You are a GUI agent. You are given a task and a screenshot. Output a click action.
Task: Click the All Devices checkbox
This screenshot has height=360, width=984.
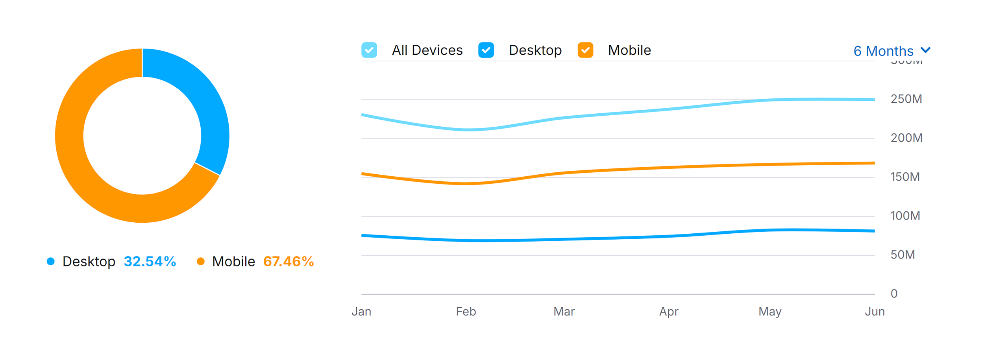pyautogui.click(x=369, y=50)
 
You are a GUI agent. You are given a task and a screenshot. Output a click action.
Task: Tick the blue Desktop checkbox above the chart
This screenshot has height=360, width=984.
pyautogui.click(x=486, y=50)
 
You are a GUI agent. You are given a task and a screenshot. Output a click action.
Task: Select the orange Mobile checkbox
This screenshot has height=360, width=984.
pyautogui.click(x=585, y=50)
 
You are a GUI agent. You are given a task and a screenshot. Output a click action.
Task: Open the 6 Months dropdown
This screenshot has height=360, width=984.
pyautogui.click(x=892, y=51)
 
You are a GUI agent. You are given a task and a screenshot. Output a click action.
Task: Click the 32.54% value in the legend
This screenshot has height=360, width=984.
pyautogui.click(x=150, y=262)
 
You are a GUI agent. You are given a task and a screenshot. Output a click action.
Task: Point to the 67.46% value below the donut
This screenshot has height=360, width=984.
pyautogui.click(x=288, y=262)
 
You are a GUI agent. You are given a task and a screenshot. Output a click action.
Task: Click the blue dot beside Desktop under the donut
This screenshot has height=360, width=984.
pyautogui.click(x=51, y=262)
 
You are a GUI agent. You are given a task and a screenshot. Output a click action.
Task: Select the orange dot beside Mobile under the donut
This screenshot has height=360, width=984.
pyautogui.click(x=201, y=262)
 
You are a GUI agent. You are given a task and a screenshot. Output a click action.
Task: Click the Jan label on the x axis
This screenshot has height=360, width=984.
pyautogui.click(x=361, y=312)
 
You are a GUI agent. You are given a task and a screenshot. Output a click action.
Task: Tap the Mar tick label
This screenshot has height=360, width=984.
pyautogui.click(x=564, y=312)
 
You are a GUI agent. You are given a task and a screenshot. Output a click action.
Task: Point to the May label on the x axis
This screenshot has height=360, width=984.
pyautogui.click(x=770, y=312)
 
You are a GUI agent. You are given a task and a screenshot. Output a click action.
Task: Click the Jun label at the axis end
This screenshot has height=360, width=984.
pyautogui.click(x=875, y=312)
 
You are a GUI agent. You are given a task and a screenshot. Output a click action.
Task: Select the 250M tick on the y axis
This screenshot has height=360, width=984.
pyautogui.click(x=906, y=99)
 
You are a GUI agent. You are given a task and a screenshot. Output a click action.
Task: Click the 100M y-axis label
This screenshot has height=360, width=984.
pyautogui.click(x=905, y=216)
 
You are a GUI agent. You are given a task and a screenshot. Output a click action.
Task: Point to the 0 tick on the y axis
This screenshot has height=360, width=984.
pyautogui.click(x=894, y=294)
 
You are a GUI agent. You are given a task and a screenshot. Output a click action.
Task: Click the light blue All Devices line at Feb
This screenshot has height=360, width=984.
pyautogui.click(x=466, y=129)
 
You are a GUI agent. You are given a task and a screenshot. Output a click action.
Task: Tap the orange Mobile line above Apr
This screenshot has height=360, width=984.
pyautogui.click(x=669, y=167)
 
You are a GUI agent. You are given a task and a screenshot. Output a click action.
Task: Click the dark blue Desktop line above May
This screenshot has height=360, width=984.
pyautogui.click(x=770, y=230)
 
